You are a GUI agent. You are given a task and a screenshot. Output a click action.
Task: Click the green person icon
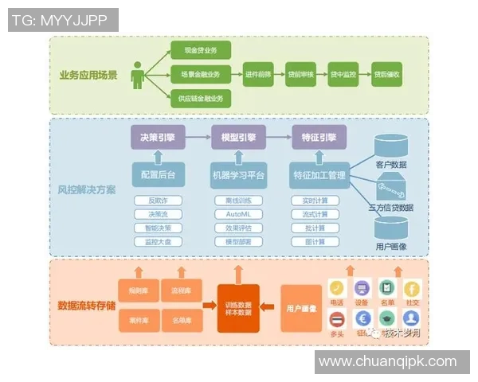click(x=139, y=75)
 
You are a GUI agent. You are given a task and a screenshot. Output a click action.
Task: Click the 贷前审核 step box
click(x=301, y=75)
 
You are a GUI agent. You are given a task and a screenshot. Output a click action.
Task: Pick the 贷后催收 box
click(x=388, y=75)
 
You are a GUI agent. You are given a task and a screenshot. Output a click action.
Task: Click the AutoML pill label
click(x=238, y=214)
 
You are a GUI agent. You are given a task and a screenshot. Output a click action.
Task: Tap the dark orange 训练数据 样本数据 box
click(x=238, y=306)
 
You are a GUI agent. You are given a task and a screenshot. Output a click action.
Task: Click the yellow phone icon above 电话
click(x=338, y=287)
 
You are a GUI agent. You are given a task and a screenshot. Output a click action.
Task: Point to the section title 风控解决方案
click(x=87, y=190)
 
